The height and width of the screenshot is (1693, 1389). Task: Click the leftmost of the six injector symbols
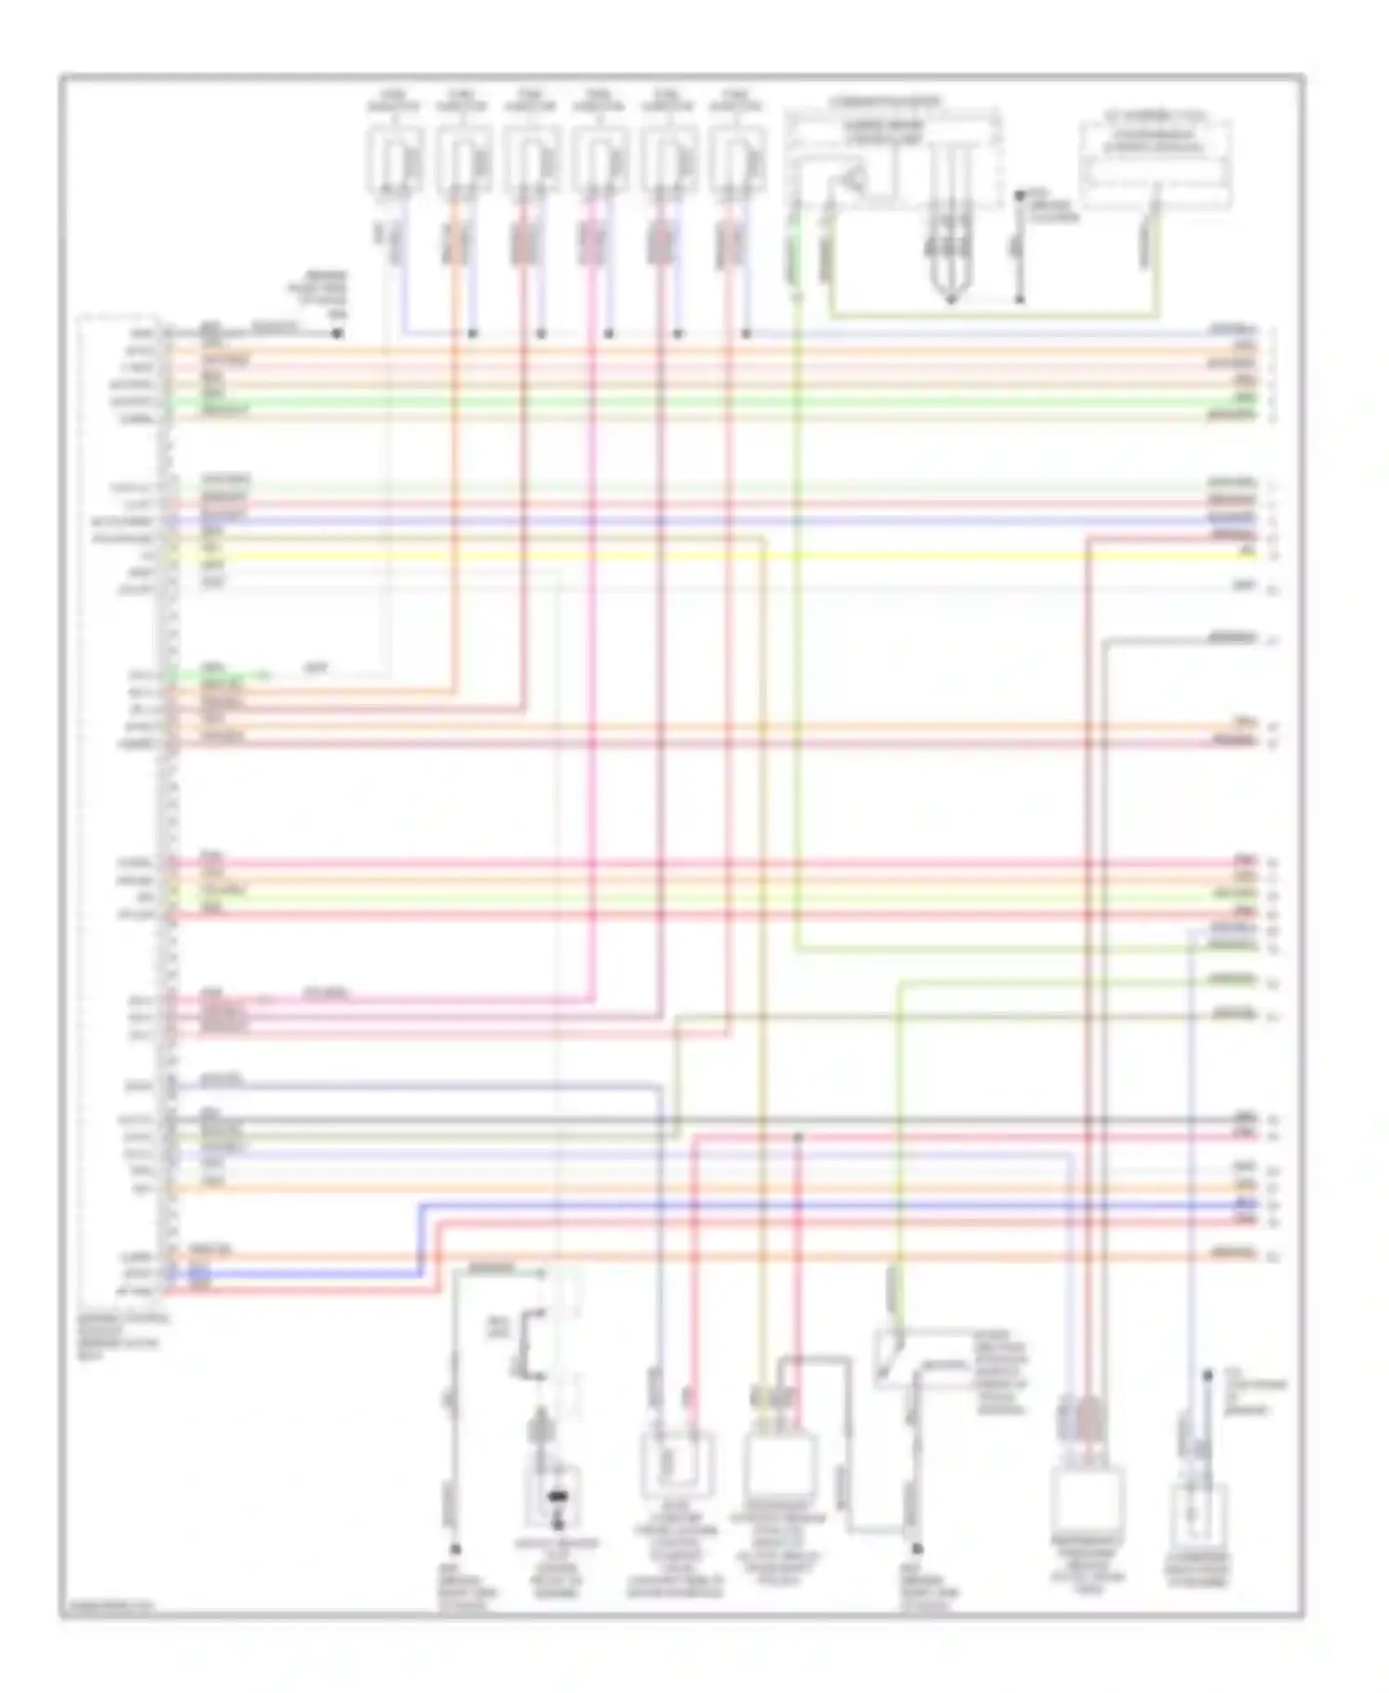(395, 159)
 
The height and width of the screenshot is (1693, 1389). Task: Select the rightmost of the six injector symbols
(738, 159)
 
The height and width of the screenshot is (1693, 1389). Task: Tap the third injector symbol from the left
(532, 159)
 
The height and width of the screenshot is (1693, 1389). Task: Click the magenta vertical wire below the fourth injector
(591, 648)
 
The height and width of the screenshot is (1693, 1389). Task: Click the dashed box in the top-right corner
(1156, 162)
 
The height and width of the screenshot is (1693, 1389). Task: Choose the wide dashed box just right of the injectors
(893, 157)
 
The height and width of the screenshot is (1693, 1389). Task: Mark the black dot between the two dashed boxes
(1020, 196)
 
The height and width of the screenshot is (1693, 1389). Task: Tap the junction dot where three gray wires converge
(951, 299)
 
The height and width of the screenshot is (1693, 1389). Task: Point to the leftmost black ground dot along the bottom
(455, 1548)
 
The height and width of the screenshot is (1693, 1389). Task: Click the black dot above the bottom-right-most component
(1208, 1377)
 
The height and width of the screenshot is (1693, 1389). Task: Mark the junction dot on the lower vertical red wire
(798, 1135)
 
